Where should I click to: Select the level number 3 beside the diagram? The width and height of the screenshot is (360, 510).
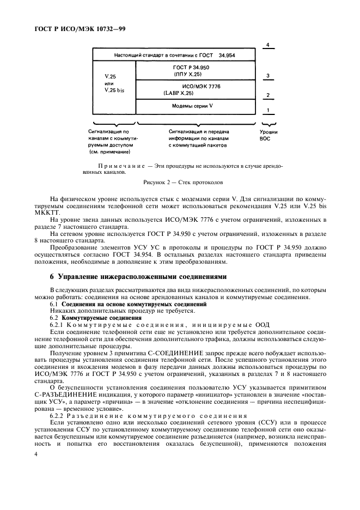coord(266,76)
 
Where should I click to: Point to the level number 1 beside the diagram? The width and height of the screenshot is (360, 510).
coord(266,110)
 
